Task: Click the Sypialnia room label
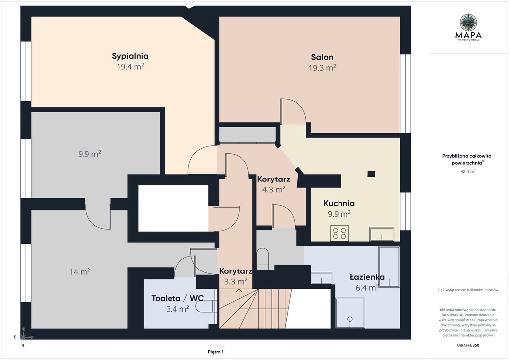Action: click(x=130, y=56)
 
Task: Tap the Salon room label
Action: click(x=322, y=57)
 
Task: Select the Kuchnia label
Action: click(x=339, y=203)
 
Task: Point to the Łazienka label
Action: click(x=367, y=277)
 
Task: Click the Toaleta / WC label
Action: click(x=177, y=298)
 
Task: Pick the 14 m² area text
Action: click(x=80, y=271)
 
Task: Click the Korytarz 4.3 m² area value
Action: click(x=274, y=189)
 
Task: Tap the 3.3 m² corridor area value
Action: click(x=236, y=281)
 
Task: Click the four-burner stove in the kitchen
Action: click(x=339, y=233)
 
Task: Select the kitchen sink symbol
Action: click(x=382, y=234)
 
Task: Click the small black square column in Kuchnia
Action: click(x=371, y=174)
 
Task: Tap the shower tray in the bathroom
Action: click(x=350, y=313)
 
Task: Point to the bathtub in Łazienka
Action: click(x=389, y=267)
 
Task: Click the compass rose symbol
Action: click(x=23, y=337)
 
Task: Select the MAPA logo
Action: click(x=468, y=27)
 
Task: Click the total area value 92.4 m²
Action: click(x=468, y=171)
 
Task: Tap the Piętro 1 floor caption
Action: click(x=216, y=352)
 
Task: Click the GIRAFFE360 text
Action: click(x=468, y=345)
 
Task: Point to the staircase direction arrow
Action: click(x=239, y=299)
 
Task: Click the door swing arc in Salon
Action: click(x=293, y=111)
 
